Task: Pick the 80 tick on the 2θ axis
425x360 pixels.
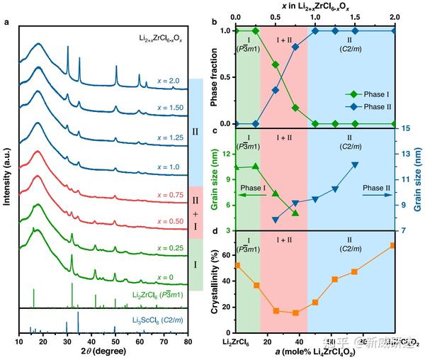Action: (x=188, y=342)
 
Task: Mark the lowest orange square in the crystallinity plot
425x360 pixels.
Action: (x=295, y=313)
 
